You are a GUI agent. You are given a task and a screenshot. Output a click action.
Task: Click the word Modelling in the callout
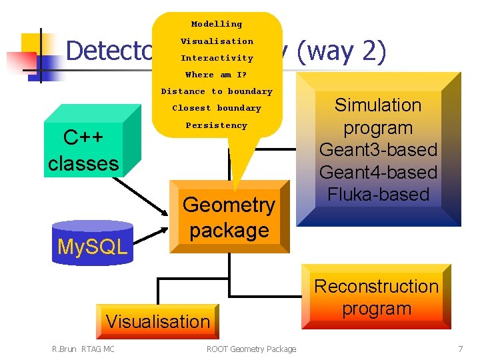(x=217, y=24)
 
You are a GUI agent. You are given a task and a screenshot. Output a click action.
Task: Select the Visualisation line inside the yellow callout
(x=217, y=41)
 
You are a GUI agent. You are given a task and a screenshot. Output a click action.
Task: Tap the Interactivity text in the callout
(x=217, y=58)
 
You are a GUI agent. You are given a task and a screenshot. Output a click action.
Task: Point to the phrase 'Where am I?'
(x=216, y=75)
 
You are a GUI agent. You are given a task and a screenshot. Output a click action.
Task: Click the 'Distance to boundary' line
(x=217, y=91)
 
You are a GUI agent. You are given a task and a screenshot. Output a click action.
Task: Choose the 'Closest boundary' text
(x=217, y=108)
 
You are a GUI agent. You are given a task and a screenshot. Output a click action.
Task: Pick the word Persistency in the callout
(x=216, y=125)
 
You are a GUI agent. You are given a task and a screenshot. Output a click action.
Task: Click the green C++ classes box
(x=83, y=151)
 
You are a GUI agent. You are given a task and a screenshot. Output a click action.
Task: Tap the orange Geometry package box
(x=229, y=217)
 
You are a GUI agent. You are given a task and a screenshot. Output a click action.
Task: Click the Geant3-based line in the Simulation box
(x=378, y=150)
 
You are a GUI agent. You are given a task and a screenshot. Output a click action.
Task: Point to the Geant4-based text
(x=378, y=172)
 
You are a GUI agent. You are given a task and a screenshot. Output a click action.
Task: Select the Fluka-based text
(x=378, y=195)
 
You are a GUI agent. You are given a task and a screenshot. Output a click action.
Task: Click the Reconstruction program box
(x=377, y=297)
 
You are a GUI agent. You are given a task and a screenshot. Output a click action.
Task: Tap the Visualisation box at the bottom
(x=157, y=321)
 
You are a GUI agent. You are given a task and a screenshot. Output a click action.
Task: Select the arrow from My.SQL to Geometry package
(x=150, y=233)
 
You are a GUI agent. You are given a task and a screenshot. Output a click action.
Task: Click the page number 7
(x=460, y=349)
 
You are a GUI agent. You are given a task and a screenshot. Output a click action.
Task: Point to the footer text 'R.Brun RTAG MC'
(x=83, y=349)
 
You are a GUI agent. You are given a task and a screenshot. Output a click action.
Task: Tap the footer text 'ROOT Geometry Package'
(x=251, y=349)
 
